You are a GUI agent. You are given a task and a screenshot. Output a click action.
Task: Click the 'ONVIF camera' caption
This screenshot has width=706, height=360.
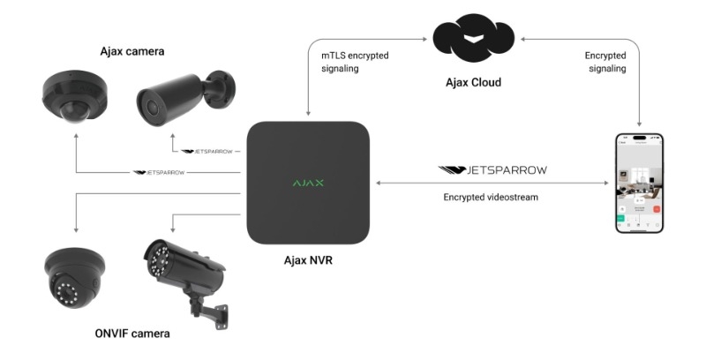132,334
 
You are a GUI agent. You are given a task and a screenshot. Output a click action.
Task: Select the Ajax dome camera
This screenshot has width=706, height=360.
74,97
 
